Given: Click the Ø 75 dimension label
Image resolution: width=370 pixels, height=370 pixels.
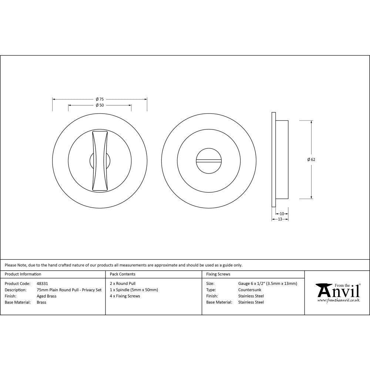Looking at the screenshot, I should (x=100, y=99).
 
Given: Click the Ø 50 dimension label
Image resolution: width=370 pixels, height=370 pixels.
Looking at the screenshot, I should (x=100, y=105).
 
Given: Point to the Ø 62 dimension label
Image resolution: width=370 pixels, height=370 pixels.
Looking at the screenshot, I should (x=311, y=160).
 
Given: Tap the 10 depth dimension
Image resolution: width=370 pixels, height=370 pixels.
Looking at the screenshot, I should (x=282, y=214).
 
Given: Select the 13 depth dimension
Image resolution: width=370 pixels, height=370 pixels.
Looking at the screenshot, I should (x=280, y=219).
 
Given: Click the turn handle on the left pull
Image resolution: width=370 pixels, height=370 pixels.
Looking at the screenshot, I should (x=100, y=161).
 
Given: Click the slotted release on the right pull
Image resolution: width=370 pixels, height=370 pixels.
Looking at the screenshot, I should (x=209, y=161).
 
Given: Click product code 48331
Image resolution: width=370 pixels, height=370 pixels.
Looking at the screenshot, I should (x=42, y=284).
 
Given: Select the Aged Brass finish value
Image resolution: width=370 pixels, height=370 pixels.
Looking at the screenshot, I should (x=47, y=296).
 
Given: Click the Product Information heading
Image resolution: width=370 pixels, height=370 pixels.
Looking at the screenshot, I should (x=23, y=274).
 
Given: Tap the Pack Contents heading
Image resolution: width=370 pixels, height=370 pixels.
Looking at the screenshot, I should (x=122, y=274).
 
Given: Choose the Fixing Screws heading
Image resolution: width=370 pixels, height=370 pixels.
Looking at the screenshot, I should (x=218, y=274).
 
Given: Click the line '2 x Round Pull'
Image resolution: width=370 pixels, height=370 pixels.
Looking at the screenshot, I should (x=123, y=284).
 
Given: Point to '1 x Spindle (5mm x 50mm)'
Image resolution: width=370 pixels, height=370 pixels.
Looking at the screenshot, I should (x=134, y=290).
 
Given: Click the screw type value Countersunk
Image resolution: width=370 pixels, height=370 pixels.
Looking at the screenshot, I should (x=250, y=290).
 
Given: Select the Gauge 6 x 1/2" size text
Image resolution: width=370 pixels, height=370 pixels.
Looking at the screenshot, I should (x=268, y=284).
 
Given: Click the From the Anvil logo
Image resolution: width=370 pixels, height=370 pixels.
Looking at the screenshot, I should (x=337, y=293).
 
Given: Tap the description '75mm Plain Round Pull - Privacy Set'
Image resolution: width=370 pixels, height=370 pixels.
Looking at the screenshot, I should (x=69, y=290).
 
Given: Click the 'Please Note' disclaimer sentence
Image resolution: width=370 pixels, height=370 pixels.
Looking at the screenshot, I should (x=124, y=265).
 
